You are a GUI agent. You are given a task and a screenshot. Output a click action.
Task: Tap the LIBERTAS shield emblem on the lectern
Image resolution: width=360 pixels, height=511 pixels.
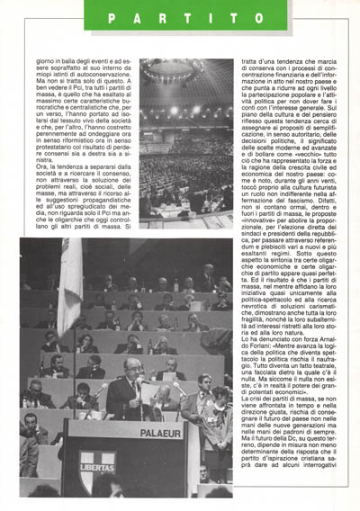pos(95,469)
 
